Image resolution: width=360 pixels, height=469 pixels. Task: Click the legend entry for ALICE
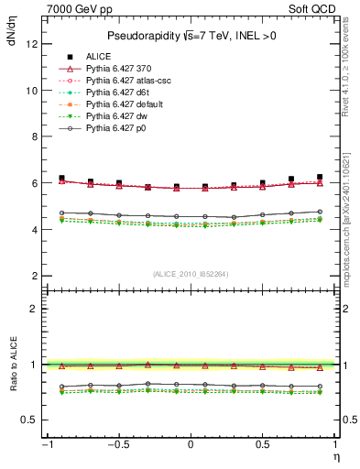tap(99, 57)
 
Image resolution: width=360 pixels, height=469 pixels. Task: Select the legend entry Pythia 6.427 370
tap(125, 69)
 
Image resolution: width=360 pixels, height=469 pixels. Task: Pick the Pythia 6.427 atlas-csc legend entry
tap(131, 81)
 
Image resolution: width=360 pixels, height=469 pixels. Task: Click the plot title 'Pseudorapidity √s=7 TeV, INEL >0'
tap(190, 37)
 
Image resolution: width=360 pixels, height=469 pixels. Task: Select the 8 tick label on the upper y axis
tap(33, 136)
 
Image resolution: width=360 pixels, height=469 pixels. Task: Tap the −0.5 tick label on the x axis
tap(116, 446)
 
